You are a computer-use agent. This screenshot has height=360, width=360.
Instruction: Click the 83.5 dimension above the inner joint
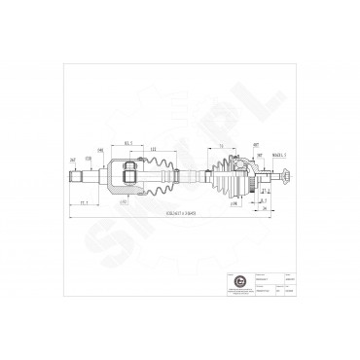(128, 141)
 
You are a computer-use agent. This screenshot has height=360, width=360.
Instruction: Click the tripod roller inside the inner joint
(127, 176)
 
